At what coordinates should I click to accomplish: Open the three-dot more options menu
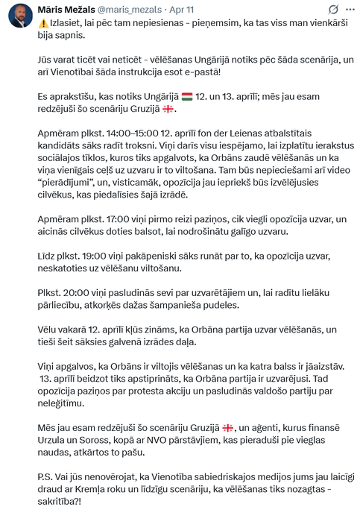tap(348, 9)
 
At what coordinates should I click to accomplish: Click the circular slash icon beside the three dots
tap(333, 9)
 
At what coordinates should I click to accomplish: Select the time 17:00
tap(100, 219)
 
